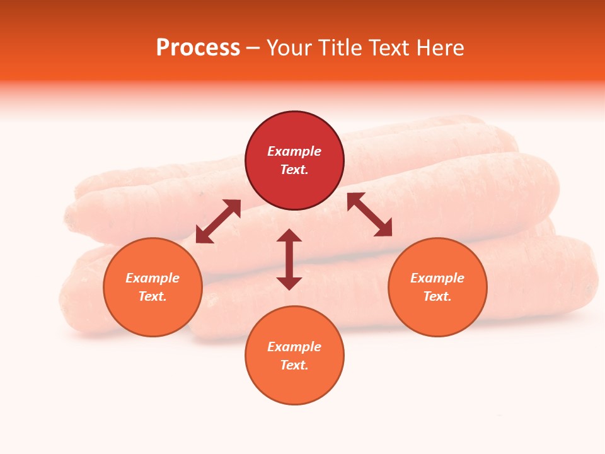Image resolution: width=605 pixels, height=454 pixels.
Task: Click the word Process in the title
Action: coord(198,48)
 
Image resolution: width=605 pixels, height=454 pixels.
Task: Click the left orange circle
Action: coord(153,310)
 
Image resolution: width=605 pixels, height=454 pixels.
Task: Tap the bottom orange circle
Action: coord(294,385)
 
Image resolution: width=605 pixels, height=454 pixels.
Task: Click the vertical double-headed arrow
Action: coord(289,259)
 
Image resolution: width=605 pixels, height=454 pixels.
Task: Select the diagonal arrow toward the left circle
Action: coord(218,221)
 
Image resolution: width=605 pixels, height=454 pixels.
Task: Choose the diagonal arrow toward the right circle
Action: coord(369,214)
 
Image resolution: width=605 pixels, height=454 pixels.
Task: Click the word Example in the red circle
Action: coord(294,151)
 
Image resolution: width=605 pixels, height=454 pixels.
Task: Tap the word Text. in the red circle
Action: coord(294,170)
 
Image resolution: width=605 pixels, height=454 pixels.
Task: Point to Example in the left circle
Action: coord(153,278)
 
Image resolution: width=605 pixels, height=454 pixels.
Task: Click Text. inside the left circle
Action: coord(153,296)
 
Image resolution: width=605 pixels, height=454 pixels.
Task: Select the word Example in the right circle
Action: coord(437,278)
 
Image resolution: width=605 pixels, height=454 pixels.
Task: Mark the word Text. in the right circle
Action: coord(437,296)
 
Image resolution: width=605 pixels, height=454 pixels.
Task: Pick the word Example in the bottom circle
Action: coord(294,347)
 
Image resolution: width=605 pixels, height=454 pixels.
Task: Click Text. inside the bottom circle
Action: coord(294,365)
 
